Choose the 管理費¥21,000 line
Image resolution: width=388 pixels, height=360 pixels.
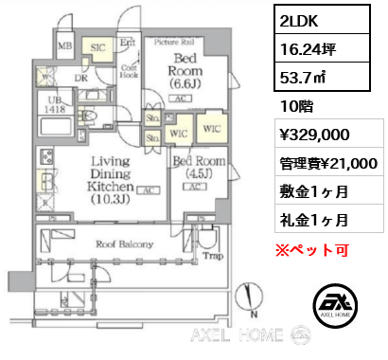[327, 163]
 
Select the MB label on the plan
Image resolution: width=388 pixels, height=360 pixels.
[64, 45]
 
